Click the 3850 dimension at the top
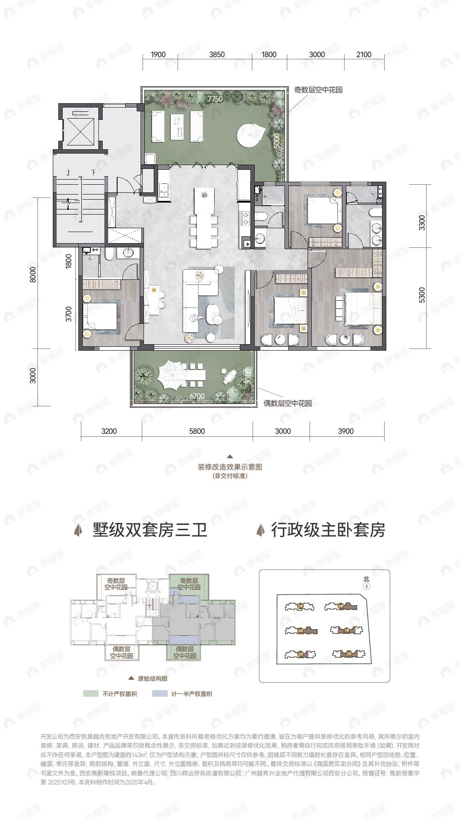pos(217,55)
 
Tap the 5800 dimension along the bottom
pos(197,431)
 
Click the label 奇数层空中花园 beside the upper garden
pos(318,90)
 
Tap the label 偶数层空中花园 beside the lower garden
pos(287,403)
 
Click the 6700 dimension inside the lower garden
pos(197,396)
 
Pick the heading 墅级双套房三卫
pos(149,530)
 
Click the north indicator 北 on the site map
pos(366,579)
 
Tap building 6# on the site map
pos(340,606)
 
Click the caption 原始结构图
pos(152,679)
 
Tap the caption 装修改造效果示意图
pos(230,467)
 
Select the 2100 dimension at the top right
pos(364,55)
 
